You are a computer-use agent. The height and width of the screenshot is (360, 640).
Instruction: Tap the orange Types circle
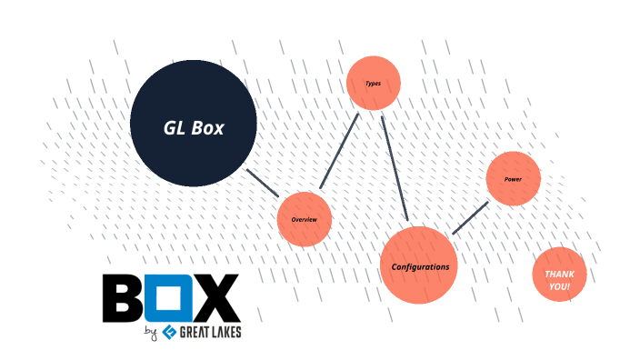tap(374, 84)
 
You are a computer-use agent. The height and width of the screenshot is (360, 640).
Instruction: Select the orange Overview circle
tap(304, 219)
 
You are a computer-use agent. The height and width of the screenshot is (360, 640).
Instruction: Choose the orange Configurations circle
tap(418, 265)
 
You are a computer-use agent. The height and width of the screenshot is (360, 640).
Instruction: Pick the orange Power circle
tap(514, 179)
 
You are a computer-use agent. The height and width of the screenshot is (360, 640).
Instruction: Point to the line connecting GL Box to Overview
tap(263, 183)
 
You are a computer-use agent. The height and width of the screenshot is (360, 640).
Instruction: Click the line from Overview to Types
tap(339, 152)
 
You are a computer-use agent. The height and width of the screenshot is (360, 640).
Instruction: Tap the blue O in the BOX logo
tap(170, 298)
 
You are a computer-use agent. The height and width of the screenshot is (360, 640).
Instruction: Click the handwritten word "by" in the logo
tap(150, 334)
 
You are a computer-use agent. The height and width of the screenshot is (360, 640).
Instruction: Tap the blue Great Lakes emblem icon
tap(167, 333)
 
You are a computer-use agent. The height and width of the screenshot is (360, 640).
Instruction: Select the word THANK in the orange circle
tap(559, 274)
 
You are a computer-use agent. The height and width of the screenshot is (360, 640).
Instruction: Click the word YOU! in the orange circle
tap(559, 286)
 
